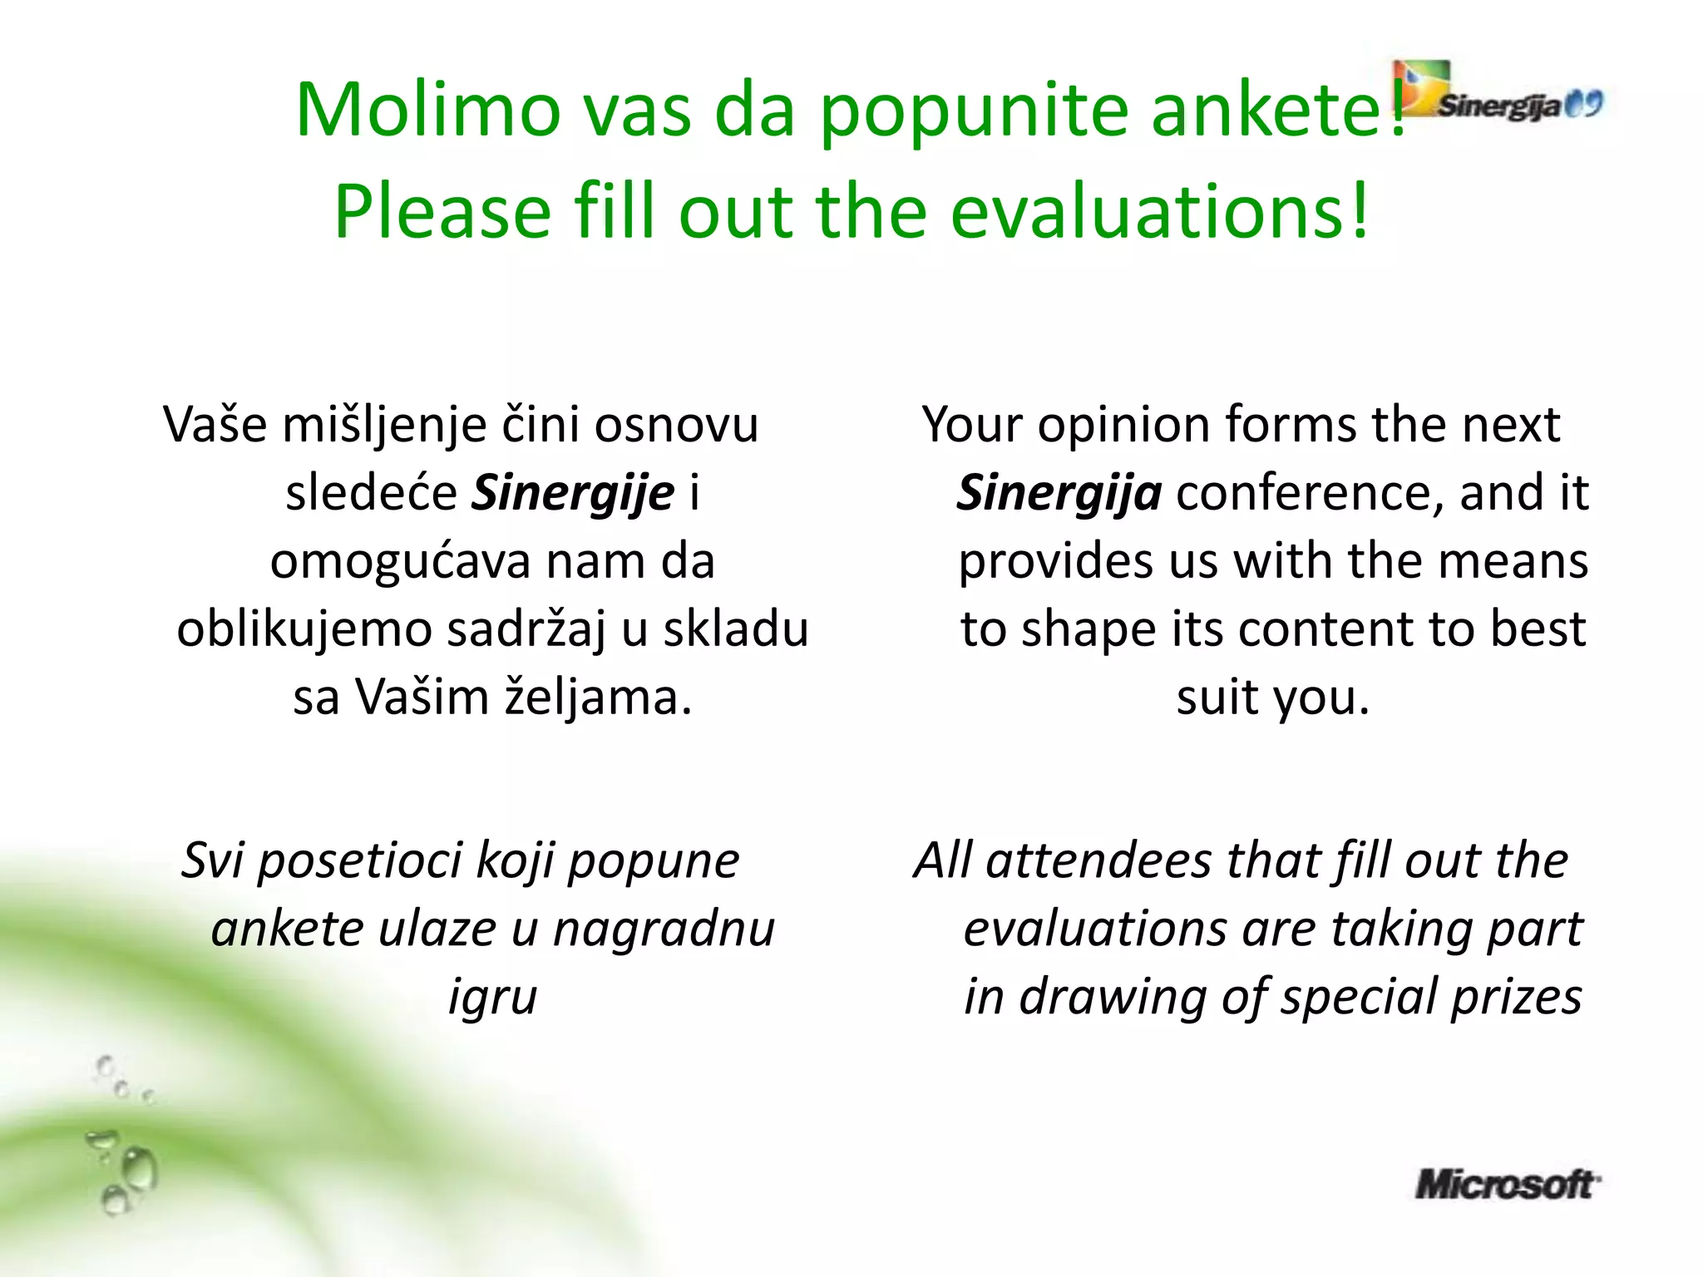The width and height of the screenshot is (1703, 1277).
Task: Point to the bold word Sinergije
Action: (x=573, y=492)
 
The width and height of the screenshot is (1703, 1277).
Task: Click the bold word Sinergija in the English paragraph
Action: (x=1059, y=492)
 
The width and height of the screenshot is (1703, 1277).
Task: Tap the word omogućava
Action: (x=400, y=560)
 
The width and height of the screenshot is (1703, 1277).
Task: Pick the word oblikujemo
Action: (x=304, y=629)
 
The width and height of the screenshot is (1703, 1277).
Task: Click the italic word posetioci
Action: (x=359, y=860)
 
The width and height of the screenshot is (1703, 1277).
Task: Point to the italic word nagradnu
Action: (x=664, y=928)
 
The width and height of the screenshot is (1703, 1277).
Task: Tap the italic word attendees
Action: (x=1098, y=860)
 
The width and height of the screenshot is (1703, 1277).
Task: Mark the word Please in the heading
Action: (x=442, y=211)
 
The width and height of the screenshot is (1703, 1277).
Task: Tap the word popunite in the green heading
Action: (x=974, y=110)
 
